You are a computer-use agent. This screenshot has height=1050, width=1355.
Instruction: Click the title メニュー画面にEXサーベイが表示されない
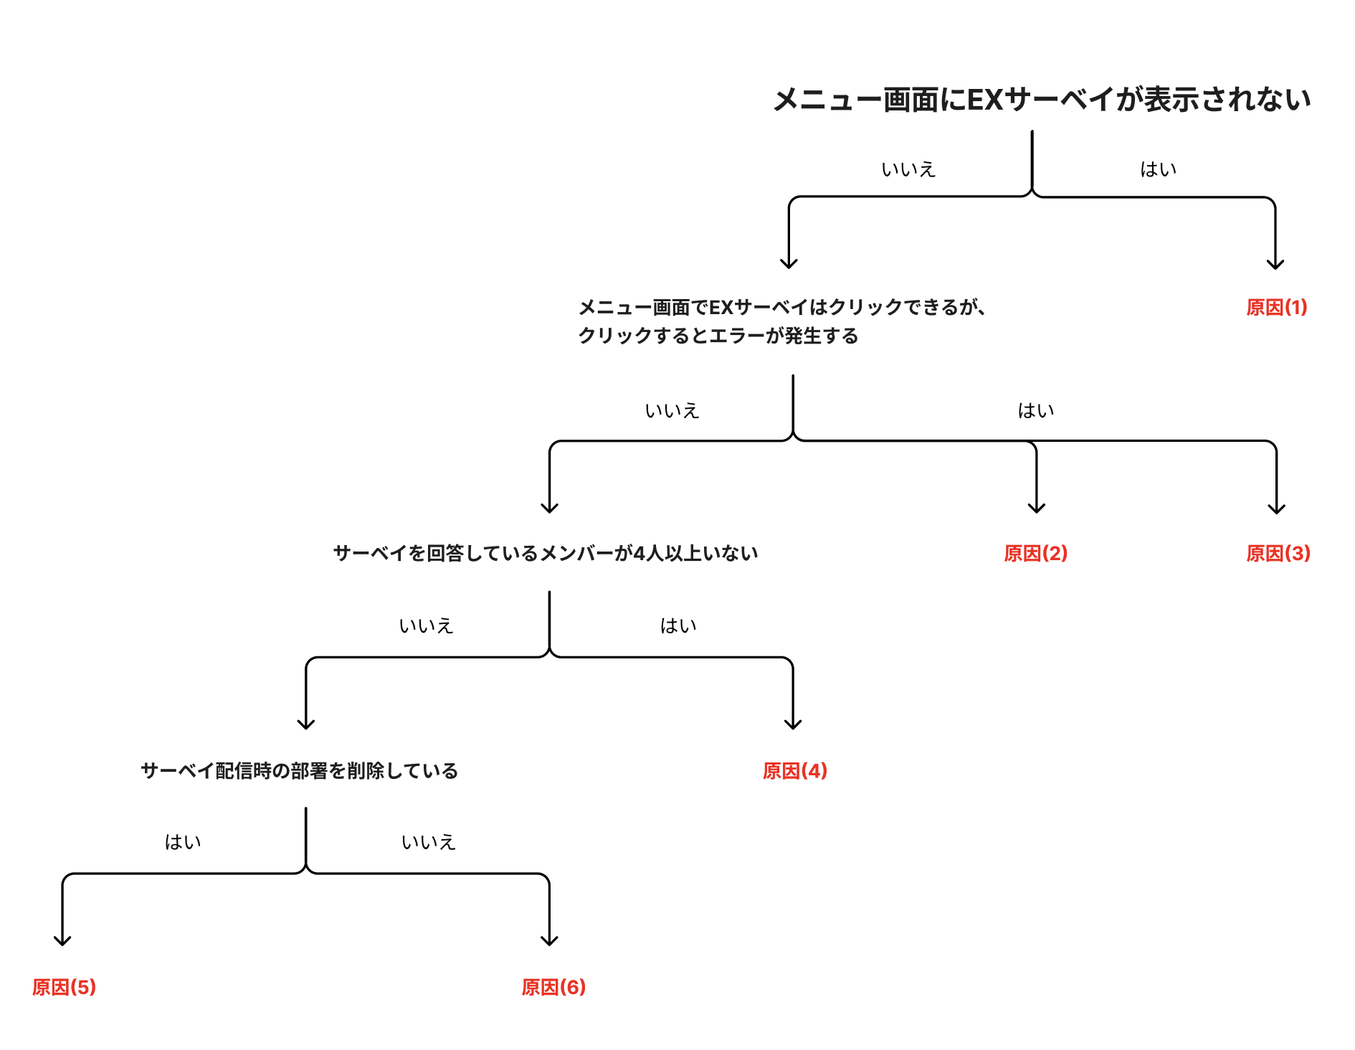point(1042,100)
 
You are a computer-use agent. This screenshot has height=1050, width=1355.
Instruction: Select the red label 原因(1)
point(1277,308)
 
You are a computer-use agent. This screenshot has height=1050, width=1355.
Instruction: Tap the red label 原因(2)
point(1036,554)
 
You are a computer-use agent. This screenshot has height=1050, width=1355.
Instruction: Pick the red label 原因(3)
point(1278,554)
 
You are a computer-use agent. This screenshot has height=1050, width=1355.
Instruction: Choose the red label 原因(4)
point(795,771)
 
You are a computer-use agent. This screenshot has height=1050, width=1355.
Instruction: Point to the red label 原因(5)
point(64,988)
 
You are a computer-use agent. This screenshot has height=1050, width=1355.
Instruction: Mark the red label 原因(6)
point(553,988)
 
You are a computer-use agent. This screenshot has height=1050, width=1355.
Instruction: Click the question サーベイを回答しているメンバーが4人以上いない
point(546,554)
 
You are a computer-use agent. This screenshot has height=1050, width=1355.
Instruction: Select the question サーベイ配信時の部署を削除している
point(299,771)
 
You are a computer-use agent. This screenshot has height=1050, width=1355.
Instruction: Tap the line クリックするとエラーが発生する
point(718,336)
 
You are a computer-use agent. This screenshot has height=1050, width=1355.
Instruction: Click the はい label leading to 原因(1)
point(1158,169)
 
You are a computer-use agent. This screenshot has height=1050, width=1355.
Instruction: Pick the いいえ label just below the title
point(908,169)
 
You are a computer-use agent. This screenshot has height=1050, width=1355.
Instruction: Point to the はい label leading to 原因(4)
point(677,626)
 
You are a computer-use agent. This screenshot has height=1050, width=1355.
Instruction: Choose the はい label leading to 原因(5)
point(183,842)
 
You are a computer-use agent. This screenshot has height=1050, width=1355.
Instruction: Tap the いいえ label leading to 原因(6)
point(428,842)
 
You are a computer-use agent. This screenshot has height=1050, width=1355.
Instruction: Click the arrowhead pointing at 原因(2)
point(1037,508)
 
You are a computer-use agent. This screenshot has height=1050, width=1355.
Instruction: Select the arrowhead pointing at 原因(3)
point(1277,508)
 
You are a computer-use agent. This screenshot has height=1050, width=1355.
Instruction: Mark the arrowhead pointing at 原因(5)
point(62,940)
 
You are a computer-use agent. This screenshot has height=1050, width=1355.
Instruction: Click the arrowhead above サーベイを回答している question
point(550,508)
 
